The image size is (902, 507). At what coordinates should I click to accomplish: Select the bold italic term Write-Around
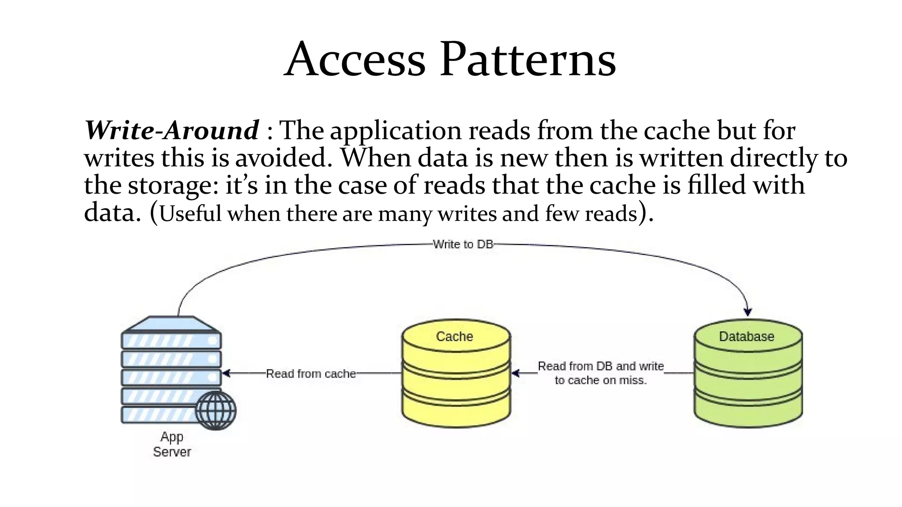(172, 130)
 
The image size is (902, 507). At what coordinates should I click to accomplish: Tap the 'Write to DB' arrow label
(463, 244)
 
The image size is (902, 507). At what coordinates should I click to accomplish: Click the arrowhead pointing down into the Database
(747, 312)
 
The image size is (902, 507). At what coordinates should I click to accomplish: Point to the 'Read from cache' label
(311, 374)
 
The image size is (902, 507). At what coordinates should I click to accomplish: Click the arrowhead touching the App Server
(226, 373)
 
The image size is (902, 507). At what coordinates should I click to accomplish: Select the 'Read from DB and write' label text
(600, 367)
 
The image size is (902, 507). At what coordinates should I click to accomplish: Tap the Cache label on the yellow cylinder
(455, 337)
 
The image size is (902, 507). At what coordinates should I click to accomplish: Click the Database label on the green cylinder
(747, 337)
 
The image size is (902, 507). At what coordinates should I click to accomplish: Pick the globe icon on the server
(216, 410)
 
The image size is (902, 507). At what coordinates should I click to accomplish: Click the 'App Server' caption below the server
(172, 445)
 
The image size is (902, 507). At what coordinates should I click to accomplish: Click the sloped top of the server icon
(172, 323)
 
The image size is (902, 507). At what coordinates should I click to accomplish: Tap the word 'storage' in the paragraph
(171, 186)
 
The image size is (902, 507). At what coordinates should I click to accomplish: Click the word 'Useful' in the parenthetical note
(190, 214)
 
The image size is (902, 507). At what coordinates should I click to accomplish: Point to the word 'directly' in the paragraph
(774, 158)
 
